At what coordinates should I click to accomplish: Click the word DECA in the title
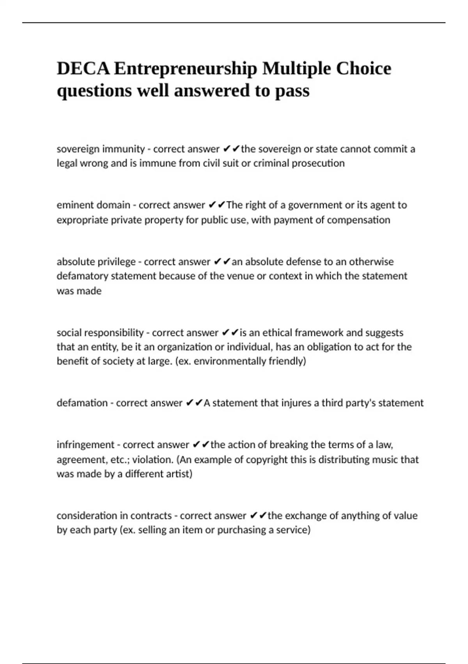pos(83,69)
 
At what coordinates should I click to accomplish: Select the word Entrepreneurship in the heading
pos(186,69)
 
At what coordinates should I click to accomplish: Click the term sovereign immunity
pos(101,149)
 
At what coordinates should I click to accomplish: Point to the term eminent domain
pos(94,205)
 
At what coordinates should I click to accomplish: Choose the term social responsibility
pos(100,332)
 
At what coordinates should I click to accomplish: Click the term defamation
pos(82,403)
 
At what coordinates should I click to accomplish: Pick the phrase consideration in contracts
pos(114,516)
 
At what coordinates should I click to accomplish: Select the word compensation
pos(358,220)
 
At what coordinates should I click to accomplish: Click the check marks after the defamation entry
pos(194,403)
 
